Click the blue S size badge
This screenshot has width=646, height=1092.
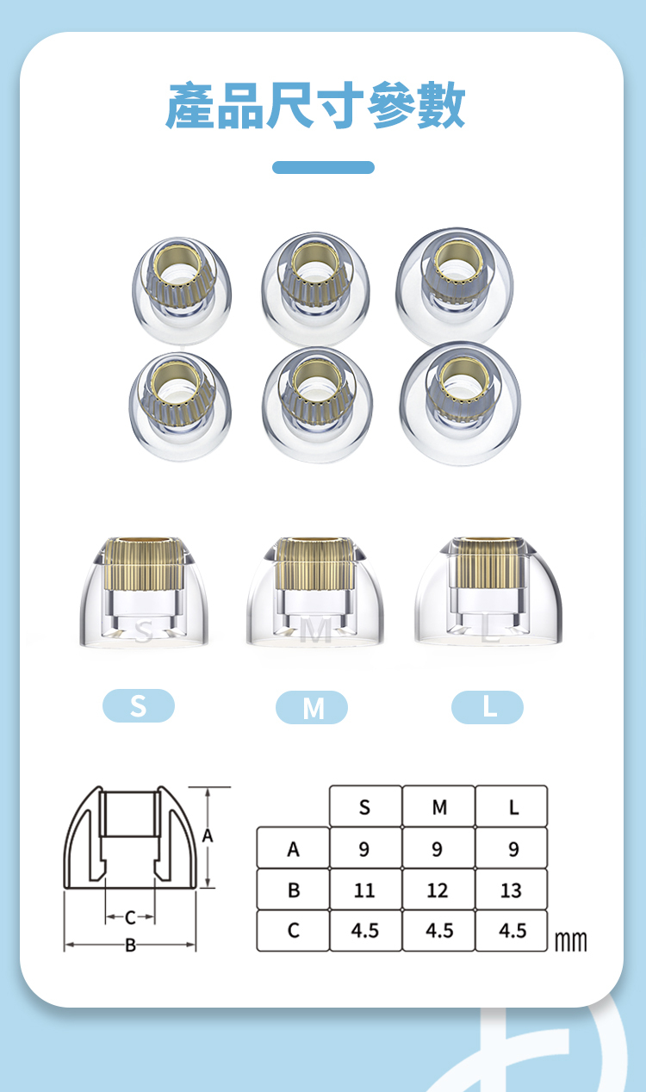coord(139,705)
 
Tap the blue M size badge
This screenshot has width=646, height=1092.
coord(312,707)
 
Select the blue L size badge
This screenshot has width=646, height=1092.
coord(488,707)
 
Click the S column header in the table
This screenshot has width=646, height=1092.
coord(364,808)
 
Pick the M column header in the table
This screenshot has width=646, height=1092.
coord(439,808)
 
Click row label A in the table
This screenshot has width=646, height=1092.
coord(293,849)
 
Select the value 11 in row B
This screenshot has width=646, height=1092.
coord(364,890)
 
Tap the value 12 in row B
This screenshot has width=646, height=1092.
coord(438,890)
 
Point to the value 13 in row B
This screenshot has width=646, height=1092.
coord(511,890)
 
